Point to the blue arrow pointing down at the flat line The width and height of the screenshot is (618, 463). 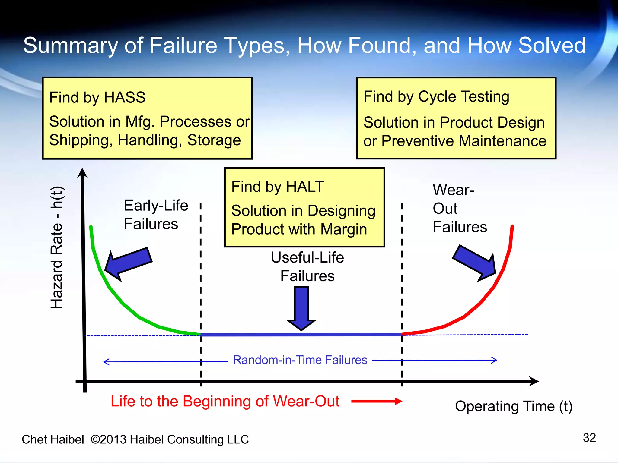301,307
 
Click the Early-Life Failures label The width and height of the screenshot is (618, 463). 155,215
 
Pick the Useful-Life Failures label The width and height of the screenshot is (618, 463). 307,267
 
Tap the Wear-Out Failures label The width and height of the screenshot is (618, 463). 459,208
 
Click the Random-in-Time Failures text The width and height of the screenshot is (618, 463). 300,360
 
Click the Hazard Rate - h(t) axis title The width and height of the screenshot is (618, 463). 57,247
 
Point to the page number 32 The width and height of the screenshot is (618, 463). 589,438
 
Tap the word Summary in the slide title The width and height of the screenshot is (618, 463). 71,46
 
